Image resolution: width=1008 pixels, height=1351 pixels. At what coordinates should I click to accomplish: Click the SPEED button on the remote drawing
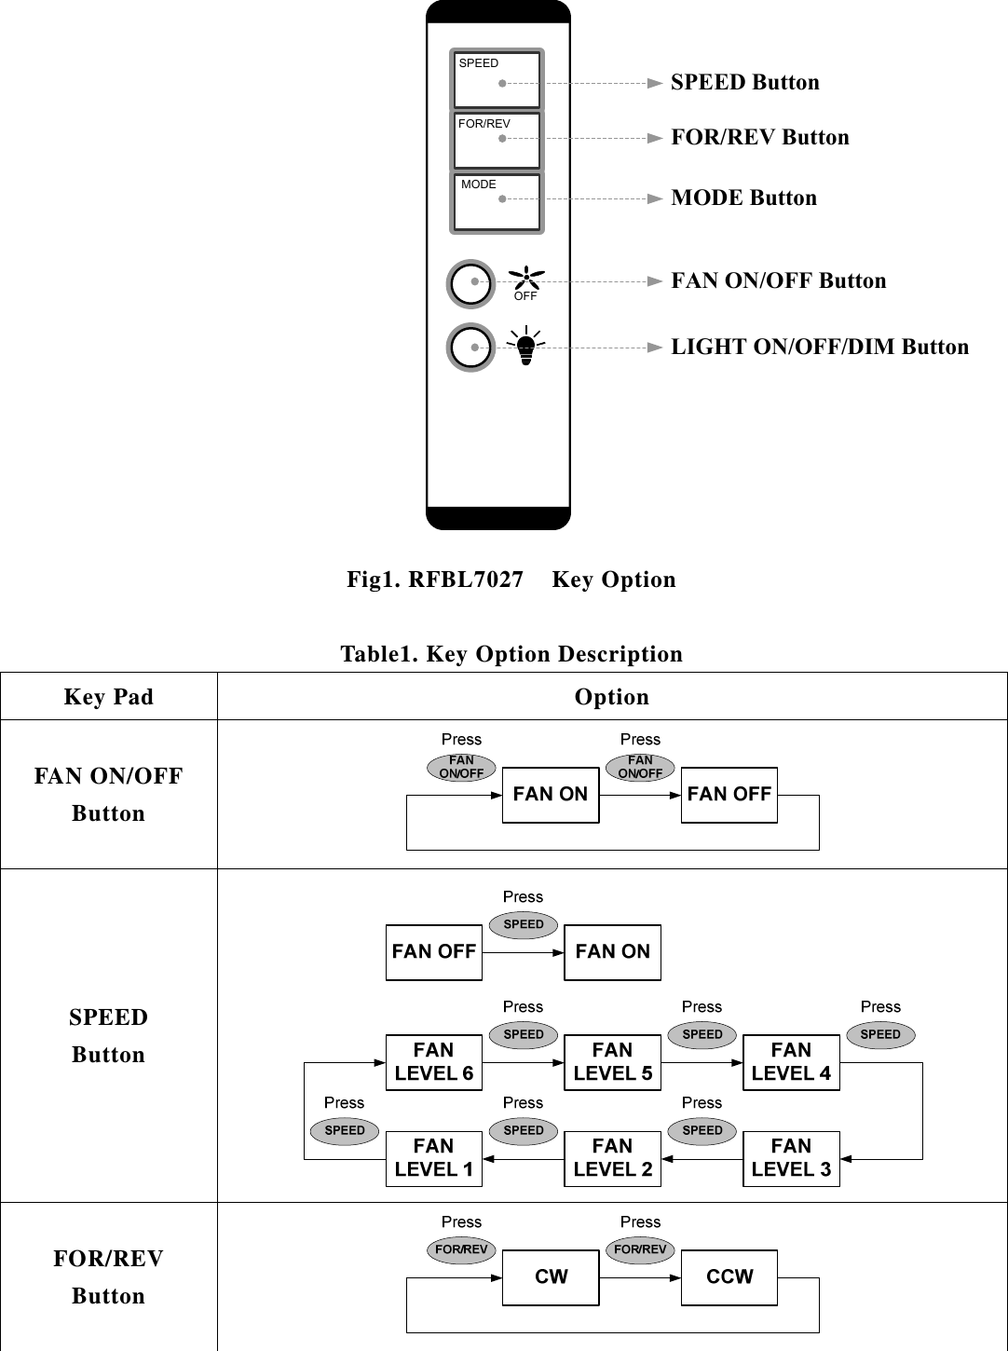point(497,80)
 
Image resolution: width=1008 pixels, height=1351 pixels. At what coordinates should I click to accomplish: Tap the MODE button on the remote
point(497,202)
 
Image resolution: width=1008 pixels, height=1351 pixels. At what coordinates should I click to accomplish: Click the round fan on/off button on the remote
point(471,283)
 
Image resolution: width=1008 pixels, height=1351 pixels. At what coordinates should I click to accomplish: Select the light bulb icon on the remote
point(526,348)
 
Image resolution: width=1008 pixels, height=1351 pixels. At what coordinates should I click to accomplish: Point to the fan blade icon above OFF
point(526,277)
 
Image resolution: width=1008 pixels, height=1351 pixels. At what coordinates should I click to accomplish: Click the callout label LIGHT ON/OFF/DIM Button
point(820,347)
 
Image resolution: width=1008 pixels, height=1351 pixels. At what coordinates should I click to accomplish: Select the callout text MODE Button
point(743,198)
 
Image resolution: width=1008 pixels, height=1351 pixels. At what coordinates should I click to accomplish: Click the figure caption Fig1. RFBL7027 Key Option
point(511,580)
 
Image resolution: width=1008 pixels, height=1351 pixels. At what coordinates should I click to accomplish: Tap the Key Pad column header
point(108,697)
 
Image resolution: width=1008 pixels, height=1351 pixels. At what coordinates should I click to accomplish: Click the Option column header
point(611,697)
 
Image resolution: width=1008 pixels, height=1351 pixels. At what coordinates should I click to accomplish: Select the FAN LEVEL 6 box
point(433,1062)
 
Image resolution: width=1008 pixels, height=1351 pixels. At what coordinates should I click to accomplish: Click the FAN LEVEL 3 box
point(791,1158)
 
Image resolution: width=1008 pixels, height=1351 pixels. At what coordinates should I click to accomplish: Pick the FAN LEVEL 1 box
point(433,1158)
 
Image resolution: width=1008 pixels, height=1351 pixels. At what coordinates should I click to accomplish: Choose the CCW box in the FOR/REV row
point(729,1277)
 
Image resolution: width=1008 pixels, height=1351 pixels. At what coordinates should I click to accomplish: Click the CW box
point(550,1277)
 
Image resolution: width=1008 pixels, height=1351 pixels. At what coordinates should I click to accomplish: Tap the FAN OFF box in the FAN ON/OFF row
point(729,795)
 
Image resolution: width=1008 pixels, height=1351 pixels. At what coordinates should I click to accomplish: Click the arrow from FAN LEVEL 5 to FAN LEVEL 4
point(702,1062)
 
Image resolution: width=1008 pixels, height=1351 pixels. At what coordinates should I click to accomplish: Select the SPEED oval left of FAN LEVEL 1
point(344,1130)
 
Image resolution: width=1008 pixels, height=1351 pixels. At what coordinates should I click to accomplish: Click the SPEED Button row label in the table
point(108,1035)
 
